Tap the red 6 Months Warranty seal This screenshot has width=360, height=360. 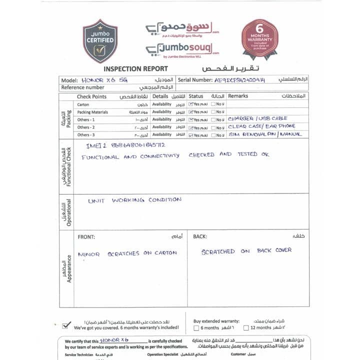tap(260, 38)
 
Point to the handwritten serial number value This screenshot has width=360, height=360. tap(239, 80)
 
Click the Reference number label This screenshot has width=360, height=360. tap(82, 87)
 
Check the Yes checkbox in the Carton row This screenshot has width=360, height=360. tap(192, 104)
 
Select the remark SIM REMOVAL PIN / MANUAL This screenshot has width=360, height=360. tap(265, 134)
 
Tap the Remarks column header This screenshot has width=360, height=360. tap(238, 96)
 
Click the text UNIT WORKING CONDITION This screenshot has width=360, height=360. tap(134, 200)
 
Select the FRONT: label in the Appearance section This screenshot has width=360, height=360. tap(86, 236)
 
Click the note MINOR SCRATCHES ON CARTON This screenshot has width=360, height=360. tap(127, 253)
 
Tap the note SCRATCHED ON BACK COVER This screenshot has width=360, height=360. tap(246, 251)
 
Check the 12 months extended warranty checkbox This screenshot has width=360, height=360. tap(246, 328)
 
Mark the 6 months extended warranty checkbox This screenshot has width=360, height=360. tap(196, 328)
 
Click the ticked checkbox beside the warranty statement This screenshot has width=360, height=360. tap(65, 325)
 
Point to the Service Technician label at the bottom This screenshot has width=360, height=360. tap(79, 354)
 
